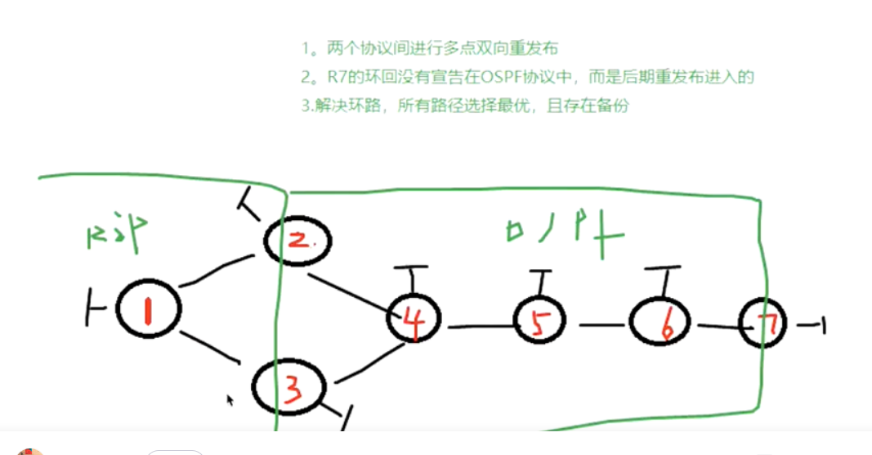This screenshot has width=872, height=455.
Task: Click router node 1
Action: pos(148,309)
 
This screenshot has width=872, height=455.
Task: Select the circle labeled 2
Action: pos(299,240)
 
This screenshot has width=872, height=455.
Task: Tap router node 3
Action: pos(288,387)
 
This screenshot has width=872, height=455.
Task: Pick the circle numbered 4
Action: pos(414,320)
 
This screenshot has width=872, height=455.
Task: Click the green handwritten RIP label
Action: pos(117,232)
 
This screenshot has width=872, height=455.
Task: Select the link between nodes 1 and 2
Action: pos(216,270)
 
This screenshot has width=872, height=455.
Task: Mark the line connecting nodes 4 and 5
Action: pos(481,327)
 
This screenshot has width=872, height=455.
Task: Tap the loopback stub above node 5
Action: pos(541,282)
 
